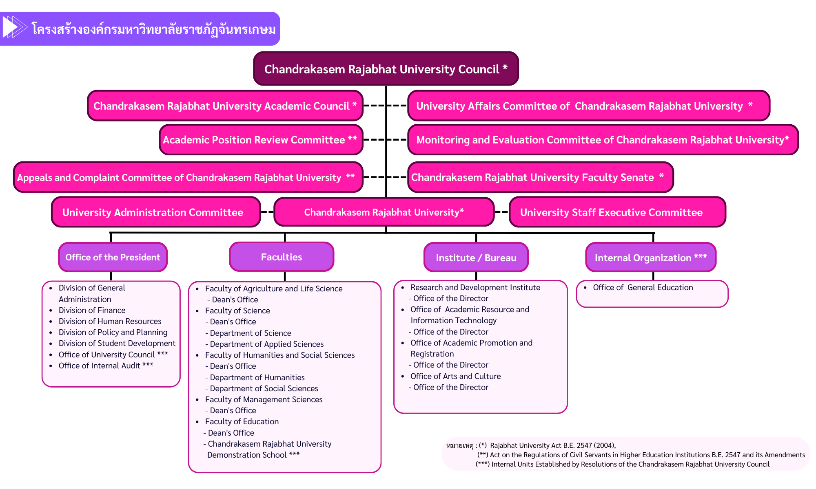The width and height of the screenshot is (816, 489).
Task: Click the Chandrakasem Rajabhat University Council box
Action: click(x=386, y=69)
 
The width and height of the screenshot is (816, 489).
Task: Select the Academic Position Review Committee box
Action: click(x=261, y=140)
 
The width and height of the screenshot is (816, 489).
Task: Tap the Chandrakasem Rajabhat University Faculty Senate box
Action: click(x=540, y=177)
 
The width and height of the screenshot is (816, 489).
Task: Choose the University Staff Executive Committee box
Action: click(x=617, y=212)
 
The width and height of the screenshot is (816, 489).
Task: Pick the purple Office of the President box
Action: click(x=113, y=257)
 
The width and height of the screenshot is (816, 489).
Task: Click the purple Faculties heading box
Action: click(x=282, y=257)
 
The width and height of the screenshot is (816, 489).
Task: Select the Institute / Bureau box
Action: click(x=476, y=258)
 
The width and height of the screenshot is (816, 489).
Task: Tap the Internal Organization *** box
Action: click(x=650, y=258)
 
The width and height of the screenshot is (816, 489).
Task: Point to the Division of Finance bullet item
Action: click(x=92, y=310)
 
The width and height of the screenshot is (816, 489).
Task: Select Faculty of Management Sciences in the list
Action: click(x=264, y=399)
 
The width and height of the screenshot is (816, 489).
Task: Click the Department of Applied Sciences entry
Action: click(x=266, y=344)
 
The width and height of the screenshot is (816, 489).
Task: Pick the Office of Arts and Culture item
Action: click(x=455, y=376)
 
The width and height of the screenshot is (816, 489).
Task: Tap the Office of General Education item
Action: click(x=643, y=287)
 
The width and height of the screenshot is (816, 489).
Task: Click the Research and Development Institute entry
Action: click(x=475, y=287)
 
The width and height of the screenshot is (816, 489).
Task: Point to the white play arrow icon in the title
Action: click(x=11, y=27)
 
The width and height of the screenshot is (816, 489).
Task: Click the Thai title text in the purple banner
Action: click(x=153, y=29)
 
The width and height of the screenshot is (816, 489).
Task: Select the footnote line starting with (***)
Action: click(x=622, y=464)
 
